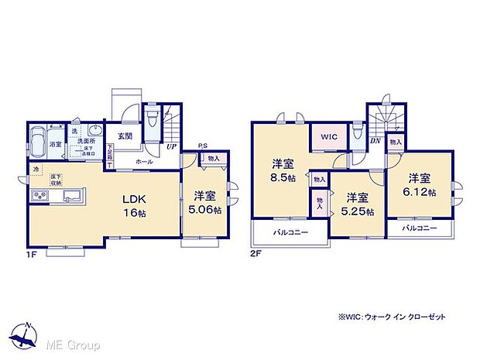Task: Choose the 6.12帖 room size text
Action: pyautogui.click(x=421, y=191)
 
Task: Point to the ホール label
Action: pyautogui.click(x=144, y=162)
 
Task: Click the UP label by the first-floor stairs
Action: pyautogui.click(x=169, y=147)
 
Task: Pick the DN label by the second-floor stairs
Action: pyautogui.click(x=374, y=140)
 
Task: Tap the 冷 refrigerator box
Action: pyautogui.click(x=36, y=168)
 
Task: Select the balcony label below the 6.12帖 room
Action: pyautogui.click(x=419, y=228)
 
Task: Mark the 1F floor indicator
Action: pyautogui.click(x=33, y=253)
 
